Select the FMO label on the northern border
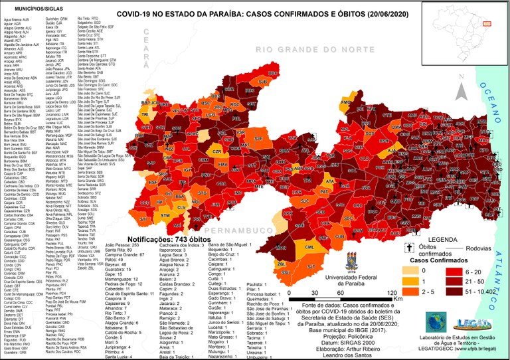coord(345,103)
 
